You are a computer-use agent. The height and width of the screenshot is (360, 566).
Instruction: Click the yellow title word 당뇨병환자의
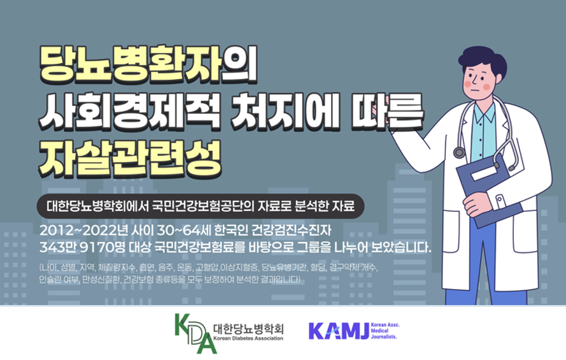click(148, 64)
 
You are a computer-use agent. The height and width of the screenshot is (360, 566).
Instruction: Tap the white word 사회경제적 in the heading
click(129, 112)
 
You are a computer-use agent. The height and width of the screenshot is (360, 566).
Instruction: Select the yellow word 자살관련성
click(130, 157)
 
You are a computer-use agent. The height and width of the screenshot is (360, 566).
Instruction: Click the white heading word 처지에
click(285, 112)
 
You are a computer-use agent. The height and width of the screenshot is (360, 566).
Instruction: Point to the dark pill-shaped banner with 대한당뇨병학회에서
click(201, 206)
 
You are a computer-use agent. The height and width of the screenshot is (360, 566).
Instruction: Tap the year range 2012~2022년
click(84, 230)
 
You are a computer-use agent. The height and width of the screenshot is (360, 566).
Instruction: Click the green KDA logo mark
click(195, 333)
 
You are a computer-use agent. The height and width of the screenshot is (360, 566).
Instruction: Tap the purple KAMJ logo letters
click(339, 331)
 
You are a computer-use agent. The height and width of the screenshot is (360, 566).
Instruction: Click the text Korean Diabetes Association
click(248, 338)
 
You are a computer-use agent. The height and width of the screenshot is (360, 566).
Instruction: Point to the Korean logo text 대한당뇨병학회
click(248, 328)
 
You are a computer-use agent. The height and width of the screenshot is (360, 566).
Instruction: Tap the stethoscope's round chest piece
click(459, 152)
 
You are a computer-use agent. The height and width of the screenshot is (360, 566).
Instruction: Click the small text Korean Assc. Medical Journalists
click(385, 331)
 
